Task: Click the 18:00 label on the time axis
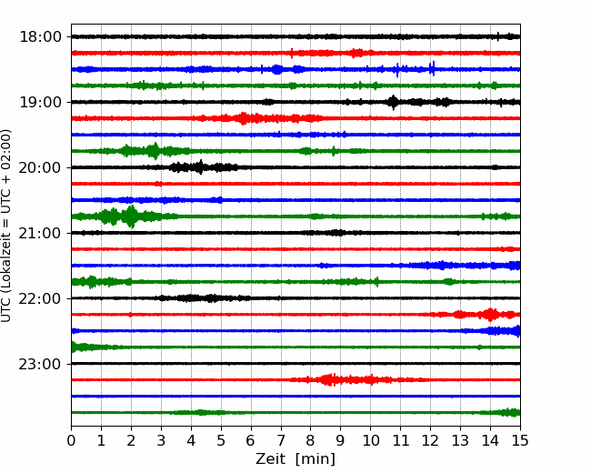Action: pos(40,37)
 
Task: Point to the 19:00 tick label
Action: pos(40,102)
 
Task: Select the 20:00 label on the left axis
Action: pos(40,167)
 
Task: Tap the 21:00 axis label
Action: pos(40,233)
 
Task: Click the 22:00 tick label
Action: pos(40,298)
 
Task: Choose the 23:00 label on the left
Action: pos(40,364)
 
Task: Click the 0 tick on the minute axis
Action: pos(71,440)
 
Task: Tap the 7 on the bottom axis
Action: pos(281,440)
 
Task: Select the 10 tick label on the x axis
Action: pos(370,440)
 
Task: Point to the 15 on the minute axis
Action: pos(520,440)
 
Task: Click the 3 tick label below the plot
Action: pos(161,440)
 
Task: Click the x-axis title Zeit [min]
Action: pos(295,459)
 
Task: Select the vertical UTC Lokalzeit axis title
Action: pos(5,226)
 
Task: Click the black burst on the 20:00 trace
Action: pos(201,167)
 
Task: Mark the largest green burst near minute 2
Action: pos(131,216)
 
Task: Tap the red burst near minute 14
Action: pos(490,315)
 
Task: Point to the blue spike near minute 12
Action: pos(432,68)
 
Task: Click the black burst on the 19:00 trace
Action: pos(393,102)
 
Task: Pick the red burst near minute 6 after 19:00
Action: pos(244,118)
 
